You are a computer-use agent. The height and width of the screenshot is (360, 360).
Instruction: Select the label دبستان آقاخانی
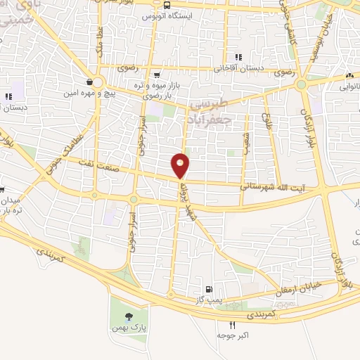tap(238, 69)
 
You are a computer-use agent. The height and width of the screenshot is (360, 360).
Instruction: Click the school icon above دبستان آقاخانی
tap(238, 57)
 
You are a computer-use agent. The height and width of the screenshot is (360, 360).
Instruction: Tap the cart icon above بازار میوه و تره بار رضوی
tap(157, 74)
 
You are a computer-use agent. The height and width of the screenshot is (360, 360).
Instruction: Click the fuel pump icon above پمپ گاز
tap(207, 289)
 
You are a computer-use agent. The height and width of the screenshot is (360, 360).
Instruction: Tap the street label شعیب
tap(247, 125)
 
